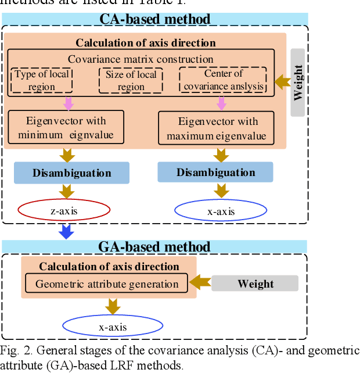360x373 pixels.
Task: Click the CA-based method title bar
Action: tap(154, 19)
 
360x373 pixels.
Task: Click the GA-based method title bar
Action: tap(154, 246)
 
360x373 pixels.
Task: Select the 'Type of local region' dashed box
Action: tap(42, 81)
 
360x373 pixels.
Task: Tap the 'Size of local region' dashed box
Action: tap(131, 81)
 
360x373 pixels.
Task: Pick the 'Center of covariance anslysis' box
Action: tap(223, 81)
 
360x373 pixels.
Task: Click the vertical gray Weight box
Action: tap(298, 82)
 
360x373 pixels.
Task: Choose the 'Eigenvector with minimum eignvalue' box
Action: tap(66, 128)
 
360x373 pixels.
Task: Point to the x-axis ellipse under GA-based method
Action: tap(112, 327)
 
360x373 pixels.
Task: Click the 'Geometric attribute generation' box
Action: tap(107, 284)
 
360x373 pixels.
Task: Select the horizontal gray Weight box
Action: tap(255, 284)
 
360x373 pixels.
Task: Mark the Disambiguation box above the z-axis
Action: tap(71, 173)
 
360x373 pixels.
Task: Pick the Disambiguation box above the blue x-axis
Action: tap(215, 173)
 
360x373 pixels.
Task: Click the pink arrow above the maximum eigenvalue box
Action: tap(221, 103)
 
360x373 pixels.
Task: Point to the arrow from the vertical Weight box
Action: tap(282, 82)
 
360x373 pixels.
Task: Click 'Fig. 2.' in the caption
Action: tap(13, 351)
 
